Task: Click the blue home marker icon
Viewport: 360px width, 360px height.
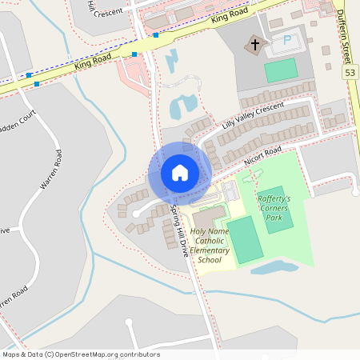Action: tap(180, 173)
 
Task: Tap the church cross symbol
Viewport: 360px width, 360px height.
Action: tap(256, 45)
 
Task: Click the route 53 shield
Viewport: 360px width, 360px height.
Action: tap(350, 73)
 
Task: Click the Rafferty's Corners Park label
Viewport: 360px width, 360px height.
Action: tap(274, 208)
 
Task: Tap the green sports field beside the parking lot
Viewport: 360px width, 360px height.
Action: tap(281, 70)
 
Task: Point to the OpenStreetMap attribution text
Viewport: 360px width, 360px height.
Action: tap(81, 354)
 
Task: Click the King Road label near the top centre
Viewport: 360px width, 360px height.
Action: tap(230, 18)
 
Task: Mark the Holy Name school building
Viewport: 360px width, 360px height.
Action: tap(208, 218)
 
